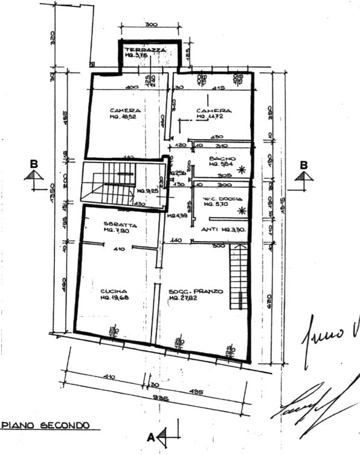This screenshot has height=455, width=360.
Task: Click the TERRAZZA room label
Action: point(141,49)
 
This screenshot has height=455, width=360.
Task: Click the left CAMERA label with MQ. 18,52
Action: point(125,111)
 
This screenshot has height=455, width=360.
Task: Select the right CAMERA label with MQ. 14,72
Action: point(213,111)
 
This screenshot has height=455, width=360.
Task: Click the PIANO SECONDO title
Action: point(45,425)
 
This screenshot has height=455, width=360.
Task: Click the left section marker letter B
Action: point(34,164)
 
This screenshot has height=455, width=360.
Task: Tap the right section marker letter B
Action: point(304,165)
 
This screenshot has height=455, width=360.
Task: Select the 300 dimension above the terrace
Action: point(150,25)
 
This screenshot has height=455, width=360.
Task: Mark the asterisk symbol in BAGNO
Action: point(242,170)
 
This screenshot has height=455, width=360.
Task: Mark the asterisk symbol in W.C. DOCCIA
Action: point(242,210)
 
